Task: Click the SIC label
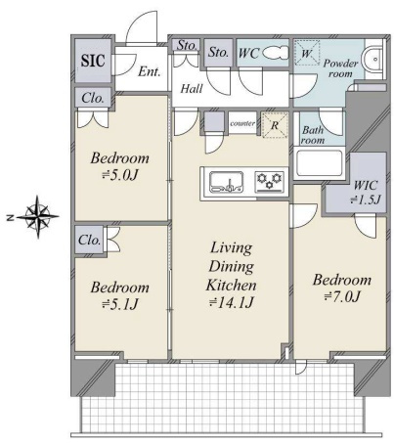(93, 61)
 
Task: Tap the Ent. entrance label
(150, 71)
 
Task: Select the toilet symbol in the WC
(276, 53)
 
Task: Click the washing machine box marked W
(306, 53)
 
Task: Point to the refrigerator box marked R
(275, 125)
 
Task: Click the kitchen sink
(227, 182)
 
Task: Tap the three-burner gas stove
(269, 182)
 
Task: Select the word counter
(242, 123)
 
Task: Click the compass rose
(37, 216)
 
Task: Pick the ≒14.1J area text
(231, 303)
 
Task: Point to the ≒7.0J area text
(342, 296)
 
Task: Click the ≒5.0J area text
(120, 175)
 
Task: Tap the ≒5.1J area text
(120, 304)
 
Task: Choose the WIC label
(366, 186)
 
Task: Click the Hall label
(192, 89)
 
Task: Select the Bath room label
(313, 135)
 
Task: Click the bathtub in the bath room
(320, 163)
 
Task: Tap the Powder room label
(340, 68)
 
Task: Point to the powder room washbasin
(373, 60)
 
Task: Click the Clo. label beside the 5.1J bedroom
(89, 241)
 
